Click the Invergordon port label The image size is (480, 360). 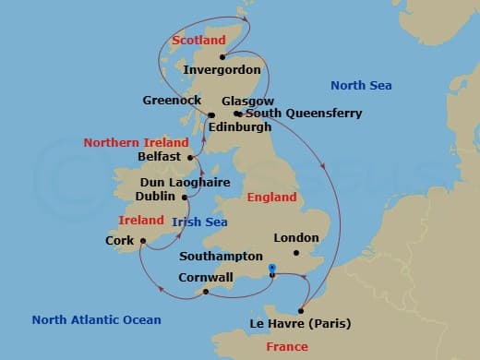point(222,69)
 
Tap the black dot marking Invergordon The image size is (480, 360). point(222,56)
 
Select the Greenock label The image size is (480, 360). point(173,100)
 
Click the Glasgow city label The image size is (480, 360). point(248,101)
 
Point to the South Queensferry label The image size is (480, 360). point(303,114)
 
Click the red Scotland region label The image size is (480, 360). point(198,41)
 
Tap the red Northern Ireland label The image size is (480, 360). point(136,142)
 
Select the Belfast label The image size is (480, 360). point(158,157)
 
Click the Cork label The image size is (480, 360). point(120,242)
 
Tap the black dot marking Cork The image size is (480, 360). point(143,241)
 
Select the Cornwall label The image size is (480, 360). point(219,274)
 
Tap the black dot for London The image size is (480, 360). point(295,252)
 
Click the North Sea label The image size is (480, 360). point(361,86)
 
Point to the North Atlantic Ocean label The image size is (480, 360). point(96,320)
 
